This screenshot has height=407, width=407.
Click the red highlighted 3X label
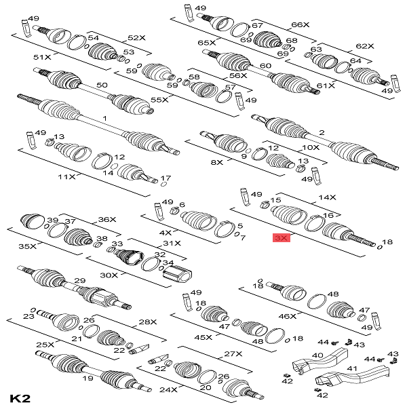pos(281,238)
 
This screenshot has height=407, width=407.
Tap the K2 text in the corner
pos(20,398)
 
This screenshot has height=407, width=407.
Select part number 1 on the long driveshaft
pos(104,118)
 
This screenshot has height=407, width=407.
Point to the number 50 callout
pos(102,85)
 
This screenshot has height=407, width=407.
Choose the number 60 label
pos(265,66)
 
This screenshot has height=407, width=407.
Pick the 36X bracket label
pos(107,220)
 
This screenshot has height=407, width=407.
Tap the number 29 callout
pos(79,281)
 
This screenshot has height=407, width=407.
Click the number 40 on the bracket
pos(317,355)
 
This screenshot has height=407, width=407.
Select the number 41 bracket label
pos(352,368)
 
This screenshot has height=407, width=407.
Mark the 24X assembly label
pos(168,389)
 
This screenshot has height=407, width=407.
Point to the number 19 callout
pos(88,379)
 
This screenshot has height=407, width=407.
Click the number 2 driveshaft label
pos(322,133)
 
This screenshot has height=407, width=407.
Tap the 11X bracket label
pos(66,177)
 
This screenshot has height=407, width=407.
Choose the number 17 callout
pos(166,178)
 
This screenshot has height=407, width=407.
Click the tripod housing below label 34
pos(177,274)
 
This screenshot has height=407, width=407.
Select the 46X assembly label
pos(288,316)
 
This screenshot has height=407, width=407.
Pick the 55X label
pos(159,100)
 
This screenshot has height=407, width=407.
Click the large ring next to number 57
pos(223,96)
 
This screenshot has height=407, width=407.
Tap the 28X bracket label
pos(148,322)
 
